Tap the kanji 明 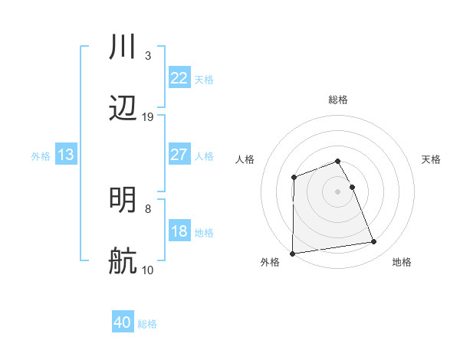pyautogui.click(x=123, y=200)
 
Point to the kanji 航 pyautogui.click(x=123, y=261)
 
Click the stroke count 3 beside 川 pyautogui.click(x=147, y=56)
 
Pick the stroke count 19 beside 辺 pyautogui.click(x=148, y=117)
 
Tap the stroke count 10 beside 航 pyautogui.click(x=148, y=270)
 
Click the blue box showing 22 pyautogui.click(x=179, y=78)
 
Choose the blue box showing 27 pyautogui.click(x=179, y=155)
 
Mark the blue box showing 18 pyautogui.click(x=179, y=231)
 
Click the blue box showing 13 pyautogui.click(x=66, y=155)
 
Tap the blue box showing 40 pyautogui.click(x=123, y=323)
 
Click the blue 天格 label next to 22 pyautogui.click(x=204, y=79)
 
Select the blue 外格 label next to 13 pyautogui.click(x=41, y=156)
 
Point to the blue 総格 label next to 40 pyautogui.click(x=147, y=324)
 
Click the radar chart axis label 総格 pyautogui.click(x=337, y=100)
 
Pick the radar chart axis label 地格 pyautogui.click(x=402, y=263)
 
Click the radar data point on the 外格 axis pyautogui.click(x=292, y=254)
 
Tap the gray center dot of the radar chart pyautogui.click(x=337, y=191)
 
